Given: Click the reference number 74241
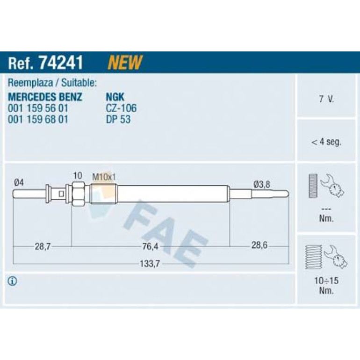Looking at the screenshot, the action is click(x=61, y=63).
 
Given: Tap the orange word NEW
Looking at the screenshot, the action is click(x=125, y=62).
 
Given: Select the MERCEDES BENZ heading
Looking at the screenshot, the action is click(x=45, y=97).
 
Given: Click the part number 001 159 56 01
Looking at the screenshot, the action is click(x=38, y=108).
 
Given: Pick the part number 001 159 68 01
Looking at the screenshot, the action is click(x=38, y=119).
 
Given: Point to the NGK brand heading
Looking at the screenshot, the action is click(x=115, y=97).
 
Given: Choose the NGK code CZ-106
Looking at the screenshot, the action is click(x=121, y=108).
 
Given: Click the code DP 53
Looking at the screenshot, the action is click(x=118, y=119).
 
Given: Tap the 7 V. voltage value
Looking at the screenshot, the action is click(x=326, y=99).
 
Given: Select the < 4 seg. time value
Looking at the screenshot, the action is click(x=326, y=142).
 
